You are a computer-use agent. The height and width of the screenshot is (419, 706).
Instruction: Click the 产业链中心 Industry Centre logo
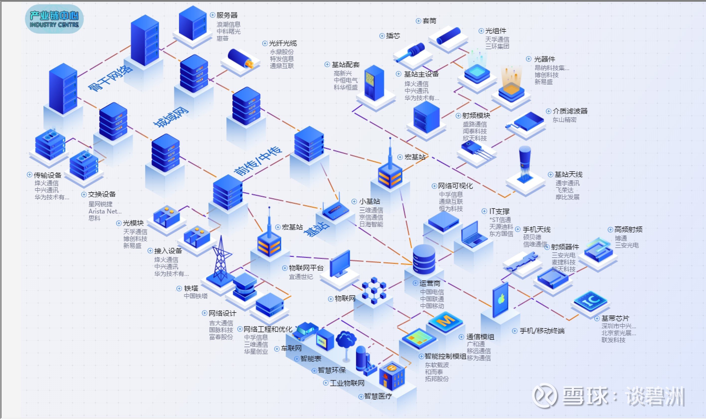coord(54,19)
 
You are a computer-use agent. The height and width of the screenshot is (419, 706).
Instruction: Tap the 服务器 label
coord(227,15)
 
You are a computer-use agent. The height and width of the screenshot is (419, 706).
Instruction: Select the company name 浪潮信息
coord(228,24)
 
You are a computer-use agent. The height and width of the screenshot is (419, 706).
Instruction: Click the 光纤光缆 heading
coord(282,43)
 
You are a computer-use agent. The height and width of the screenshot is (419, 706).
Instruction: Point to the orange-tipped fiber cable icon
coord(240,59)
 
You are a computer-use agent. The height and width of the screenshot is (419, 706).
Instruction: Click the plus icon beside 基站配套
coord(327,65)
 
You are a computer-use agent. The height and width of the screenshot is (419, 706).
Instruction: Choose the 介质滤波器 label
coord(570,111)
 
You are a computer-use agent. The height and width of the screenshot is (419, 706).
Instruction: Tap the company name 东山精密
coord(564,120)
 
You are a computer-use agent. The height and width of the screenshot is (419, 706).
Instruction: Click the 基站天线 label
coord(568,175)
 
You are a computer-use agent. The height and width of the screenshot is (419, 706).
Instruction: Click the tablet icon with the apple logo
coord(500,300)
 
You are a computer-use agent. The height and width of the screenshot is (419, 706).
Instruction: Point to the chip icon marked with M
coord(445,321)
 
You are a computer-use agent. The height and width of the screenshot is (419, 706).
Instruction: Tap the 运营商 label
coord(430,283)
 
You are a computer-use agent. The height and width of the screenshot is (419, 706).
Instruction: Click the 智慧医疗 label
coord(378,396)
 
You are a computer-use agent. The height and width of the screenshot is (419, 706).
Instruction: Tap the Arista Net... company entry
coord(105,211)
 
